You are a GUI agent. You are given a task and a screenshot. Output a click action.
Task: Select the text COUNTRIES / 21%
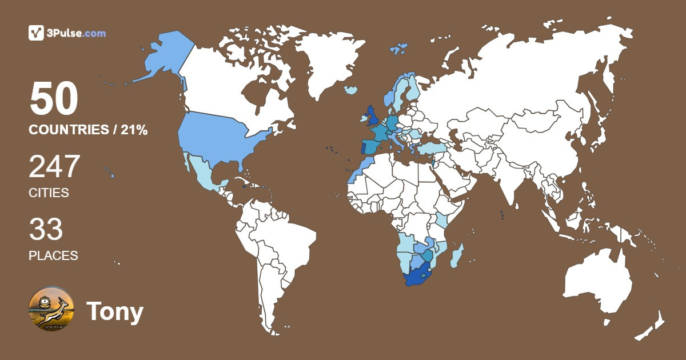[x=88, y=130]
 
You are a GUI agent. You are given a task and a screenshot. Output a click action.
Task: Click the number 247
[x=54, y=167]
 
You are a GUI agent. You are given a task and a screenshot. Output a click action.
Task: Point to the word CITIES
[x=49, y=193]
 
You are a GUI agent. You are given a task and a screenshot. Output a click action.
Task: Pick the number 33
[x=46, y=229]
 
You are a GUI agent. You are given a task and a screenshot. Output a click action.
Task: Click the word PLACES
[x=53, y=255]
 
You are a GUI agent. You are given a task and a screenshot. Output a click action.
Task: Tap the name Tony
[x=115, y=312]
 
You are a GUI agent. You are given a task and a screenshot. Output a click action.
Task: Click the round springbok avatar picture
[x=51, y=310]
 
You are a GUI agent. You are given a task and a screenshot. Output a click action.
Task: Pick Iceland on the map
[x=351, y=90]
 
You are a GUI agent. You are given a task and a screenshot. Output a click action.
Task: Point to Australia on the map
[x=597, y=280]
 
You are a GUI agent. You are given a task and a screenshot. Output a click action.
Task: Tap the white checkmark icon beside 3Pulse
[x=36, y=33]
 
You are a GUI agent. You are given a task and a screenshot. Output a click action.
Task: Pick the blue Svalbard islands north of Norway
[x=400, y=48]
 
